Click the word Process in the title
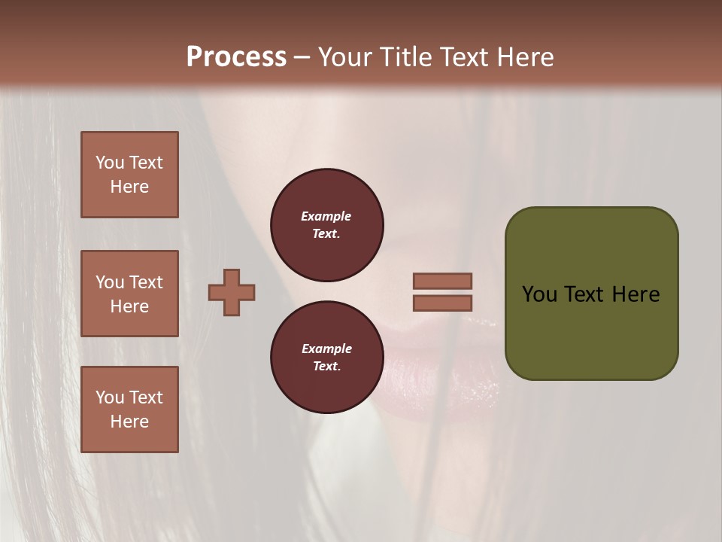(236, 57)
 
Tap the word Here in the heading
(523, 57)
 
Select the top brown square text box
(129, 175)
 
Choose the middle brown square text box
(129, 294)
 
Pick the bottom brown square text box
(129, 410)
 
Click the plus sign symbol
(232, 293)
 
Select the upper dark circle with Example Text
(326, 225)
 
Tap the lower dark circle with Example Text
(326, 358)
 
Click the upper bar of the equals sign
(443, 281)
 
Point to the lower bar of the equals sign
(443, 303)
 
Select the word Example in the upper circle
(326, 216)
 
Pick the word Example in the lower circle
(326, 349)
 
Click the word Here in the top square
(129, 187)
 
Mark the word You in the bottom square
(110, 397)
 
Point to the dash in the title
(302, 57)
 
